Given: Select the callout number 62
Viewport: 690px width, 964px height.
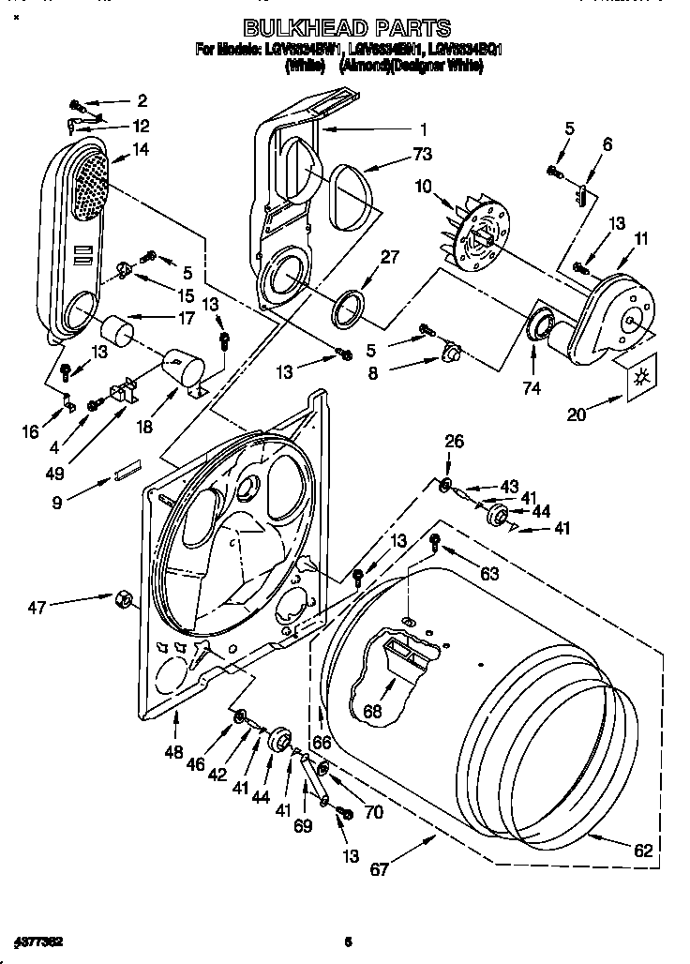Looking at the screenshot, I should (x=643, y=851).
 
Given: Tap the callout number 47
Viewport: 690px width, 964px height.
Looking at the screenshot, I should (x=37, y=609).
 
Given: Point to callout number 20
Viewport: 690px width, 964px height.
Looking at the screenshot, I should (x=577, y=414).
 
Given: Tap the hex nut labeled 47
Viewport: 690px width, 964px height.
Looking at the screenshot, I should (x=121, y=597).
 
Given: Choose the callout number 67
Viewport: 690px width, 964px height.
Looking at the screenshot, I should (x=379, y=869).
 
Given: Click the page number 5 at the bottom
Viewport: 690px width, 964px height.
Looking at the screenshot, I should (x=347, y=941).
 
